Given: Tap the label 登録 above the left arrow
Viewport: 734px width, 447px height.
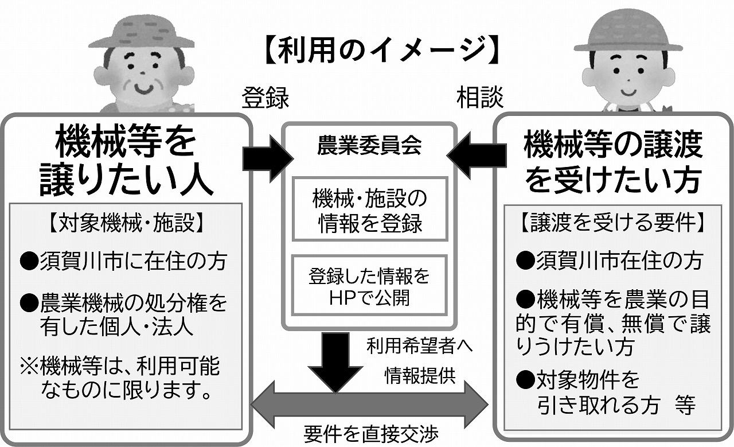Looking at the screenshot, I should tap(264, 98).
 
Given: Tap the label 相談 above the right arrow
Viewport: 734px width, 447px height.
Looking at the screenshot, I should tap(479, 98).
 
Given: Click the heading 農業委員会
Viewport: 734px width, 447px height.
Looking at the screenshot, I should tap(370, 146).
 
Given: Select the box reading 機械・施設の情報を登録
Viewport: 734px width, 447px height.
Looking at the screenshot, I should tap(370, 211).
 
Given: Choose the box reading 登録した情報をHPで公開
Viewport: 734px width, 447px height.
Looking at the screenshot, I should tap(370, 287).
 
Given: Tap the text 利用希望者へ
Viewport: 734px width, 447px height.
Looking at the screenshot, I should tap(421, 347).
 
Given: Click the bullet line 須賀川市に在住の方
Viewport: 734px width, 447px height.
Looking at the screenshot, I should tap(124, 262).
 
